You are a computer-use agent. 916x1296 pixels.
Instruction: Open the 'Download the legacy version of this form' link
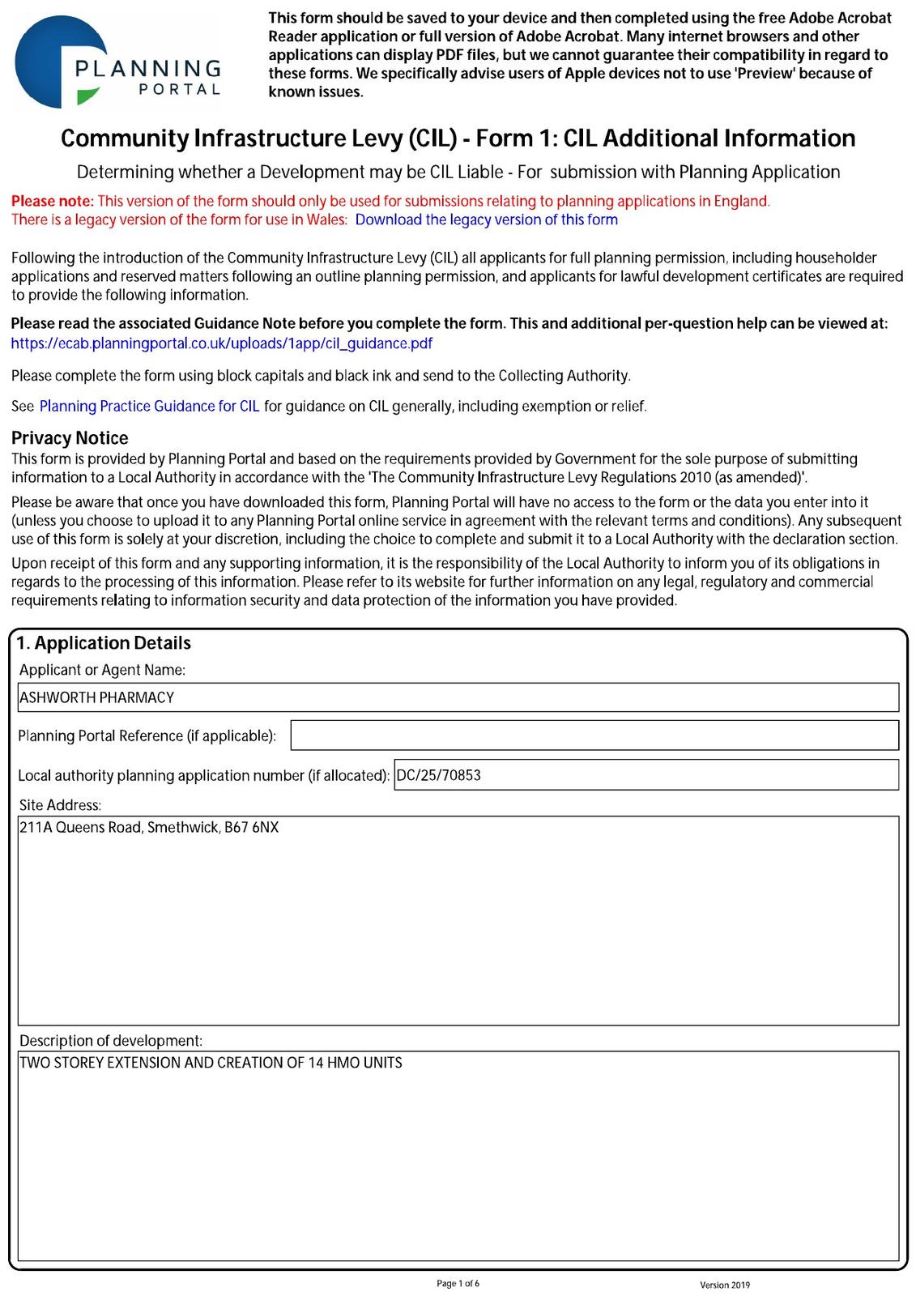click(486, 220)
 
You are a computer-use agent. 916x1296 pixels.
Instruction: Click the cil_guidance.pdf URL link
click(221, 343)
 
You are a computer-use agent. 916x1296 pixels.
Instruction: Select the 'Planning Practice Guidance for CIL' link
click(149, 406)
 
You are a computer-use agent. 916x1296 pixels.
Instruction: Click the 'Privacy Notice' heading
click(70, 438)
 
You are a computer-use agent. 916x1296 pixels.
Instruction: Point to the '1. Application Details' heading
click(104, 643)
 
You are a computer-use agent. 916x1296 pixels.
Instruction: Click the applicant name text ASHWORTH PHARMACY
click(96, 697)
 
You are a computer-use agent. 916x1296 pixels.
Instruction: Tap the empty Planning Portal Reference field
click(594, 735)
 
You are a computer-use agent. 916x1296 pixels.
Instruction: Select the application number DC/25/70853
click(438, 775)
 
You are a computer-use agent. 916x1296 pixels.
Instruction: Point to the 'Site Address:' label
click(60, 805)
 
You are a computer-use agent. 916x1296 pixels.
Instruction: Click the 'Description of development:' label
click(111, 1041)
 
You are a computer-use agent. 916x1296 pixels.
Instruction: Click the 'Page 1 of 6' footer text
click(458, 1283)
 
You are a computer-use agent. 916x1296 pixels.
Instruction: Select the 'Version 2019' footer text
click(725, 1285)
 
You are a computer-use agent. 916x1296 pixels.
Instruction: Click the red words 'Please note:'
click(53, 201)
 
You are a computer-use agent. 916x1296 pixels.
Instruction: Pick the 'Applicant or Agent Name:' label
click(102, 670)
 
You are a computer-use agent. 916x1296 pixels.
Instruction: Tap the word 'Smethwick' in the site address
click(182, 828)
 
